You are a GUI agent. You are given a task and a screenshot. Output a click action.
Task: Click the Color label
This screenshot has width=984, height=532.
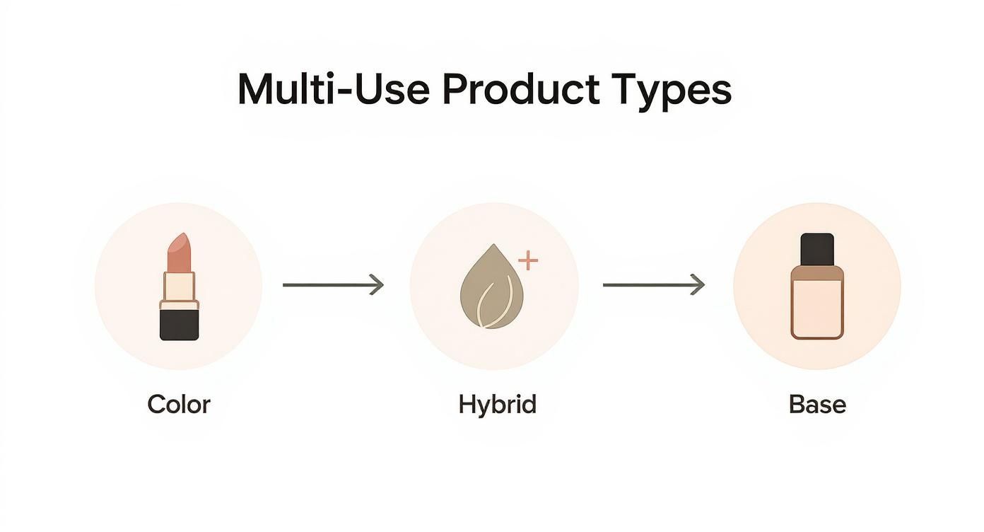[179, 405]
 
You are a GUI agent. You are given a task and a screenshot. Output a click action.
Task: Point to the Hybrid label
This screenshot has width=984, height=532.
[497, 405]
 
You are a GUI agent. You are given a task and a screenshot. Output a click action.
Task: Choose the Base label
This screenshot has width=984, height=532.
[817, 405]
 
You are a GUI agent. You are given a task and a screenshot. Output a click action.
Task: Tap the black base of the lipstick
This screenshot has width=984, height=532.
[179, 325]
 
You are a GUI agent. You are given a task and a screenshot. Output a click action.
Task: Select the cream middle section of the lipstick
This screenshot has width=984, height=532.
[179, 286]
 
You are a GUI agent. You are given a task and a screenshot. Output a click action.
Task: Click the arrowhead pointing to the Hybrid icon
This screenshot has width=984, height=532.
[378, 285]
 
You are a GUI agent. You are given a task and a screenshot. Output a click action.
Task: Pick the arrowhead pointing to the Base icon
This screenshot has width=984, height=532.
[698, 285]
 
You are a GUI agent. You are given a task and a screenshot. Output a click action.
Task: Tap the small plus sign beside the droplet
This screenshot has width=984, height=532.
[528, 260]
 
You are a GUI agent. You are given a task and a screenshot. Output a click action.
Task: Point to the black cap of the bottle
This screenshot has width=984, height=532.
[817, 248]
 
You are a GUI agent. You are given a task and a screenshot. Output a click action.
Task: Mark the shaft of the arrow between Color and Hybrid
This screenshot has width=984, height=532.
[325, 285]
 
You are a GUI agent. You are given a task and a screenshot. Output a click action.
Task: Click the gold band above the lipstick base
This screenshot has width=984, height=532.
[179, 305]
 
